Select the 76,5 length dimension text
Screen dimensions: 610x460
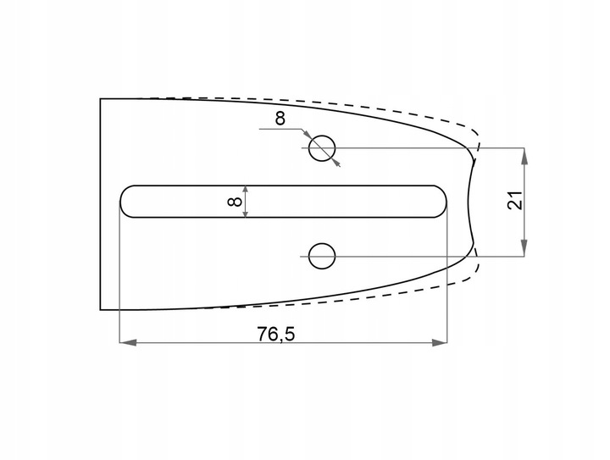pos(276,334)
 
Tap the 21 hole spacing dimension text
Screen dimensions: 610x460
pos(515,201)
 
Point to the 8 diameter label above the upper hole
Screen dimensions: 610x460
pos(280,119)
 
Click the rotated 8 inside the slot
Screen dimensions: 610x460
pos(235,202)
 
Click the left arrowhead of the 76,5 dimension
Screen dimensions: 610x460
pos(128,342)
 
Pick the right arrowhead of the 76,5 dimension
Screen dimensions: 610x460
pos(439,342)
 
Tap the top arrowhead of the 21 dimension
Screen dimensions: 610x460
pos(524,157)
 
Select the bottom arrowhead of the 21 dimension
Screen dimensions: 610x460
pos(524,247)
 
